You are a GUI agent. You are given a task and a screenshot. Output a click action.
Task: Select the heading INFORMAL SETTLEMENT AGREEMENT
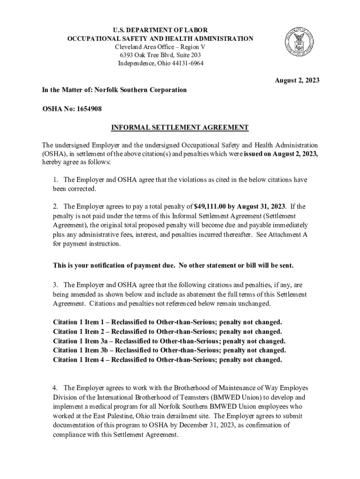tap(180, 127)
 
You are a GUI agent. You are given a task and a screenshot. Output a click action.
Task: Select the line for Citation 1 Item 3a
tap(169, 341)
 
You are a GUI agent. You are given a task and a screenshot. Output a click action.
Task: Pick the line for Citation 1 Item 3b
tap(169, 350)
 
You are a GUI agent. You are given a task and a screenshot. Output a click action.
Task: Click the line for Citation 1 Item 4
tap(167, 359)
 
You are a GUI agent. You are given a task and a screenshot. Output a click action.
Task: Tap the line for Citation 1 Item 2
tap(167, 332)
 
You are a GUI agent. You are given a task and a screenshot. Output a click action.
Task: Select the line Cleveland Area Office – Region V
tap(160, 47)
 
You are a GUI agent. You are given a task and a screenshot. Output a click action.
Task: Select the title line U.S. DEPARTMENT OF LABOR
tap(160, 30)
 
